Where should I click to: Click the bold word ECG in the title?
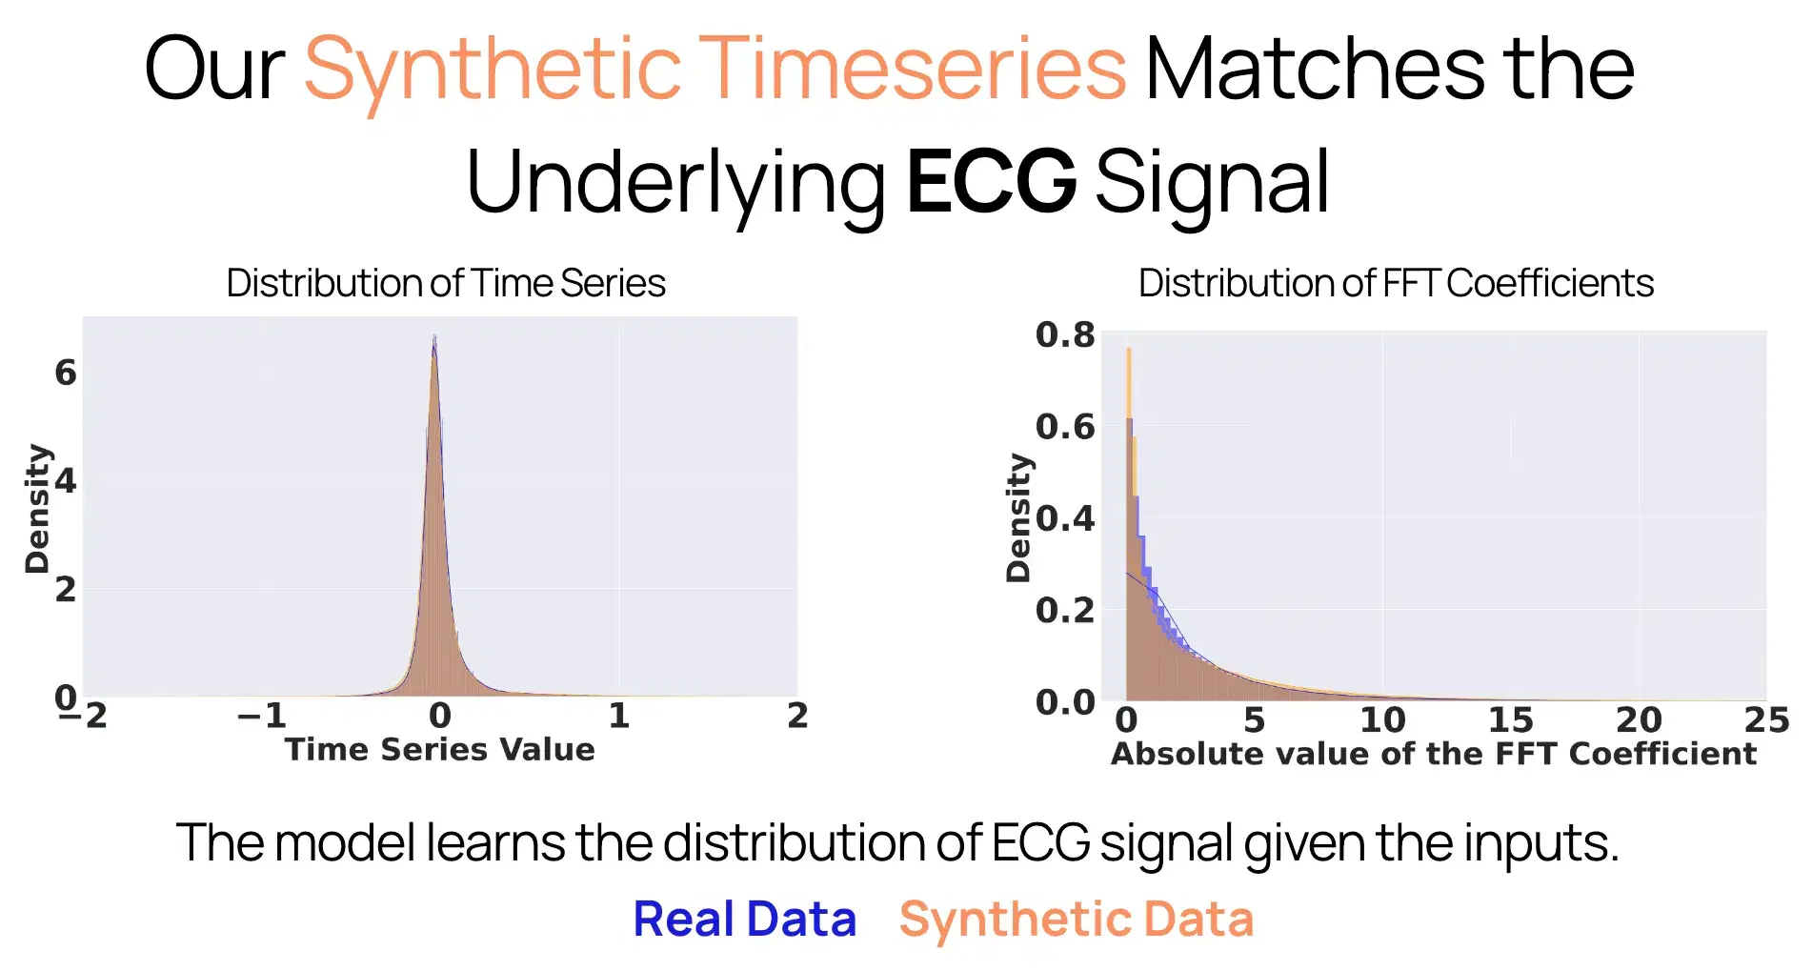(991, 181)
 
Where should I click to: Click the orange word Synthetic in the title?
(493, 69)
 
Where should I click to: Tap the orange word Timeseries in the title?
(913, 69)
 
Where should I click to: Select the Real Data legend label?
(745, 920)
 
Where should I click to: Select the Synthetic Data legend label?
(1076, 920)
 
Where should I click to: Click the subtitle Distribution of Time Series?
(446, 283)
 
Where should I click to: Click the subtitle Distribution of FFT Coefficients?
(1396, 283)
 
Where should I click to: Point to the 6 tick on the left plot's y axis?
(65, 373)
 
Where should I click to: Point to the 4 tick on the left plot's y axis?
(65, 480)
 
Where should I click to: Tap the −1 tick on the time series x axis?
(261, 716)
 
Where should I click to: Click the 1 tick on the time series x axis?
(619, 716)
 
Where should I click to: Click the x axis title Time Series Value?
(440, 750)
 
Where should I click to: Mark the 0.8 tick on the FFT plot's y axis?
(1065, 335)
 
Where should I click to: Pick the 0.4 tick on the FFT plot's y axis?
(1065, 519)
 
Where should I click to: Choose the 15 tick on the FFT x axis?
(1510, 719)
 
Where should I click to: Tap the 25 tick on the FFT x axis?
(1765, 719)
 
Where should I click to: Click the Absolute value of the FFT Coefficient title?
(1433, 754)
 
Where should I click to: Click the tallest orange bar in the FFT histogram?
(1129, 381)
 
